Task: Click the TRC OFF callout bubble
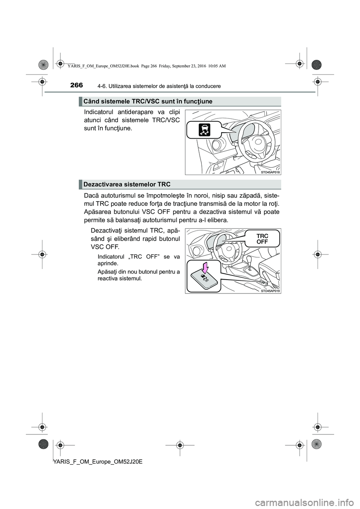click(x=262, y=239)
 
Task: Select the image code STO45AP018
click(x=271, y=172)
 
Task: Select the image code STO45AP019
click(x=271, y=290)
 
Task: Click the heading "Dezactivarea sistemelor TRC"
click(x=127, y=184)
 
